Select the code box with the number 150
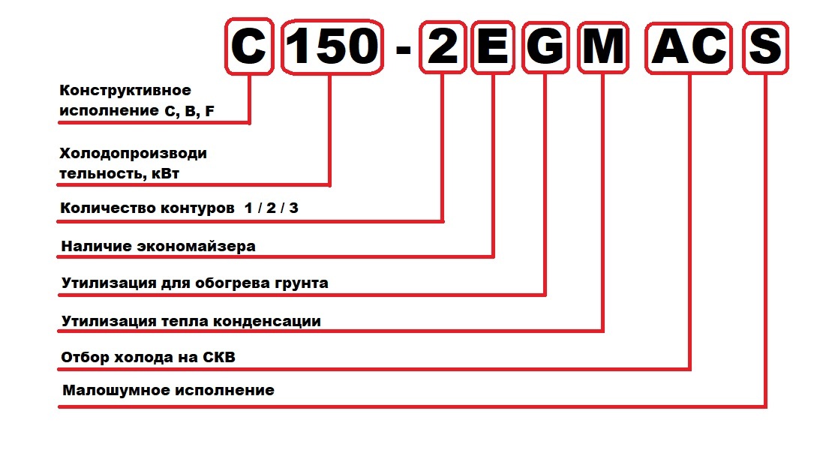(x=331, y=46)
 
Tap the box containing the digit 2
(x=442, y=46)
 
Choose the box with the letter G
(x=545, y=46)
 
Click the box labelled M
(x=602, y=46)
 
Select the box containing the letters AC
(x=689, y=46)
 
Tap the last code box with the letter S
(x=765, y=46)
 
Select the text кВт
(x=164, y=174)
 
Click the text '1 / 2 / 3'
(x=271, y=208)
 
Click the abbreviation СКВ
(x=218, y=357)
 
